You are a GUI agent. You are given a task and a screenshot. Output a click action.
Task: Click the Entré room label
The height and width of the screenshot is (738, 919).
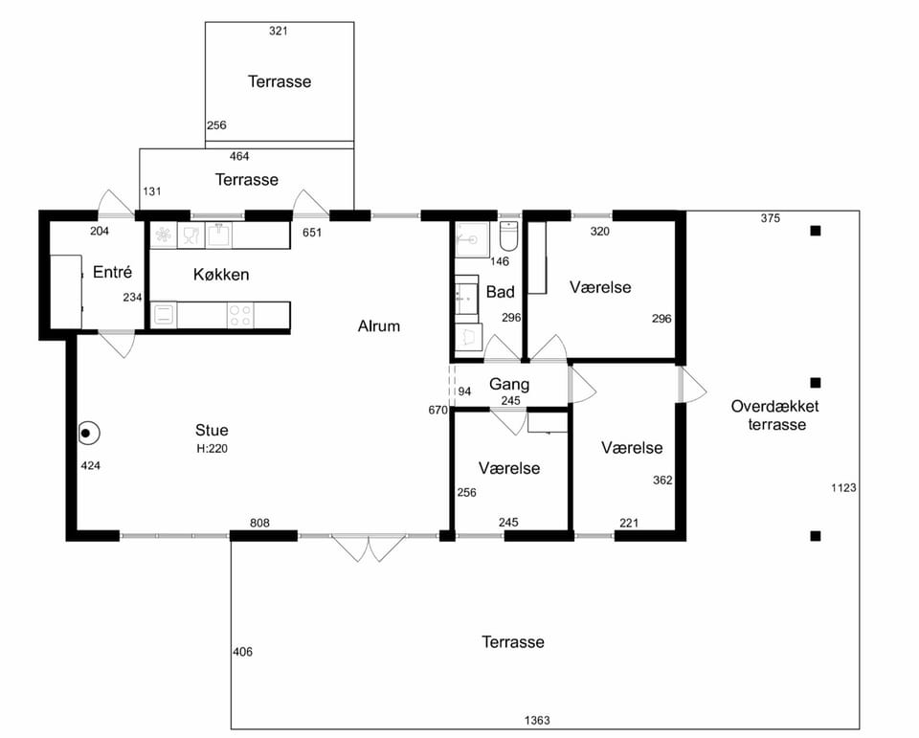[113, 272]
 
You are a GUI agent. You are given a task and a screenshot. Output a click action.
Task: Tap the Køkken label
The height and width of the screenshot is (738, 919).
[221, 275]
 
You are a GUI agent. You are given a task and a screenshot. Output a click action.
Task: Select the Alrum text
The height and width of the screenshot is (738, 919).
[379, 325]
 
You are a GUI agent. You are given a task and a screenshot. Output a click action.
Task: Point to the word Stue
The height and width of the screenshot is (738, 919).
[212, 430]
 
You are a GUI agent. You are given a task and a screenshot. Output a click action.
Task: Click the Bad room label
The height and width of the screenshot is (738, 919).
[500, 292]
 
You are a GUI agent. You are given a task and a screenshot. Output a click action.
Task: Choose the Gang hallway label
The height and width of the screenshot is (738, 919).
[508, 384]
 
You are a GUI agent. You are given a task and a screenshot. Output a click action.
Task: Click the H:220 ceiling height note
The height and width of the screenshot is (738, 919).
[212, 449]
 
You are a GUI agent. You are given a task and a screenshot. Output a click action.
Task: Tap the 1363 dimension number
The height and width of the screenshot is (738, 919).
[537, 721]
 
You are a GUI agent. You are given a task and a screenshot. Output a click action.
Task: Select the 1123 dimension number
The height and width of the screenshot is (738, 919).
[843, 487]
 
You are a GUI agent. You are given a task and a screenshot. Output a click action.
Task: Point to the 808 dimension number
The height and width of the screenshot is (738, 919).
[259, 523]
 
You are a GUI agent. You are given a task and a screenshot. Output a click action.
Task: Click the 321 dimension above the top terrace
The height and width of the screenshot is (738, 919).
[279, 31]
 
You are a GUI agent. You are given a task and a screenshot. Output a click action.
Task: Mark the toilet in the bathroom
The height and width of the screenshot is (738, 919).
[508, 235]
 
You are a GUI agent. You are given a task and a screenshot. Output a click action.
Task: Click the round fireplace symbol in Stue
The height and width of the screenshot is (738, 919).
[89, 434]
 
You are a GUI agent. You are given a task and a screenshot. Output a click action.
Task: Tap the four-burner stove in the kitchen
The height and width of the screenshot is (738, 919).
[240, 315]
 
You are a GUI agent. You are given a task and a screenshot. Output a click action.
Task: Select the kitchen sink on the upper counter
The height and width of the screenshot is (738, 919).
[218, 235]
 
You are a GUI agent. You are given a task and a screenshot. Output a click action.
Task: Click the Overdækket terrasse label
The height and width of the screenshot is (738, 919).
[774, 415]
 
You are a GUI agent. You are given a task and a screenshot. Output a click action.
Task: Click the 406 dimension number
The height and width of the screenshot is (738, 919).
[242, 652]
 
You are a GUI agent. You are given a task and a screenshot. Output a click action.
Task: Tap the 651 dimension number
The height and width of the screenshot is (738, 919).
[312, 233]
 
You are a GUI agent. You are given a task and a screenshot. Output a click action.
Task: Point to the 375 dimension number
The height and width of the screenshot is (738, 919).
[770, 218]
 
